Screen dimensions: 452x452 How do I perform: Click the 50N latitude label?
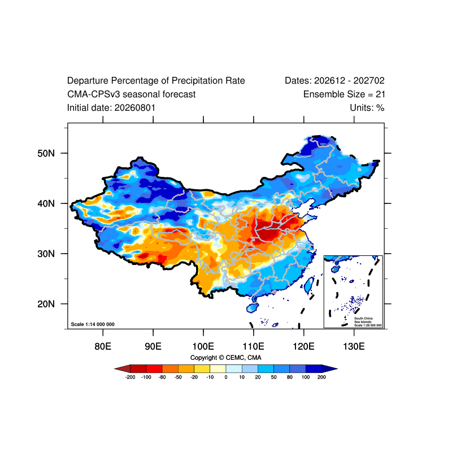(x=46, y=153)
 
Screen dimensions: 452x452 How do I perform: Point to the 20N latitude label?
(x=46, y=304)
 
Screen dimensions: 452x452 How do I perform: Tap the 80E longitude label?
(x=103, y=346)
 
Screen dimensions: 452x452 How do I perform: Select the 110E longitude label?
(x=253, y=346)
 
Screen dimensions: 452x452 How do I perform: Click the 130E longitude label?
(x=354, y=346)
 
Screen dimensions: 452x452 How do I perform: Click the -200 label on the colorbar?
(x=131, y=377)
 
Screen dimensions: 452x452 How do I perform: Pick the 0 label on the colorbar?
(x=226, y=377)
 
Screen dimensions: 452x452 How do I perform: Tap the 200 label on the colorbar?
(x=321, y=377)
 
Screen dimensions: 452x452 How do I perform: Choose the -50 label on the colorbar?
(x=178, y=377)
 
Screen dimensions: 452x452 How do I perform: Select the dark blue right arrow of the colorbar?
(x=329, y=369)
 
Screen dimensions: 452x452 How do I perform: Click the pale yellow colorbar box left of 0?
(x=218, y=369)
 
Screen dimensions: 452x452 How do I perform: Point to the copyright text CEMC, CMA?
(x=244, y=358)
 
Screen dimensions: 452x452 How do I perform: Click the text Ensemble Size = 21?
(x=344, y=94)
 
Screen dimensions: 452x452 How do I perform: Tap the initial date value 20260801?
(x=135, y=108)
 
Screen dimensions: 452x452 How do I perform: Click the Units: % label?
(x=367, y=108)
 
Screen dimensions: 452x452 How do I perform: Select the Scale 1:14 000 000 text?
(x=93, y=324)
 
